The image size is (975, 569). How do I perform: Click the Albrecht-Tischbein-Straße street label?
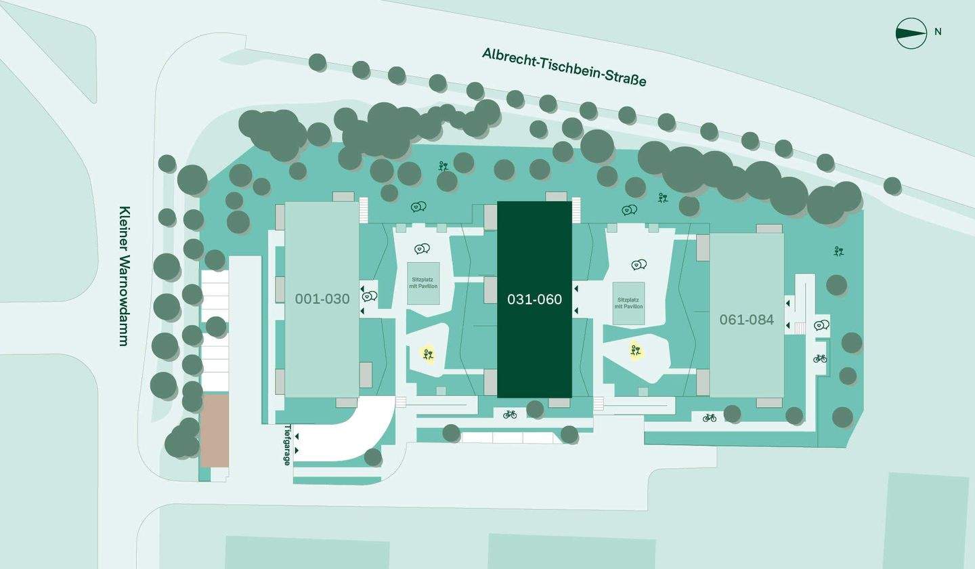(x=564, y=67)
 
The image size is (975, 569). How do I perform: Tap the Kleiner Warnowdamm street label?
(x=124, y=276)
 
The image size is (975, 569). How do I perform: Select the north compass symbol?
(x=911, y=33)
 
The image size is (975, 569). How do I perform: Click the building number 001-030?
(x=322, y=299)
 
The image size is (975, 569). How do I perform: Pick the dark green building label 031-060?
(x=534, y=299)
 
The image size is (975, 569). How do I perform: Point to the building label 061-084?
(x=746, y=320)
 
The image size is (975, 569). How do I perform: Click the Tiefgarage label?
(x=287, y=445)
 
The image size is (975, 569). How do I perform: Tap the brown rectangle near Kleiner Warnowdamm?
(x=215, y=431)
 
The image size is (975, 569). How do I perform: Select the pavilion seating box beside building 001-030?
(x=424, y=283)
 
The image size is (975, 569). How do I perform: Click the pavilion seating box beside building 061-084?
(x=628, y=303)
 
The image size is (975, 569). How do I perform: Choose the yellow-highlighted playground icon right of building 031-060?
(x=636, y=350)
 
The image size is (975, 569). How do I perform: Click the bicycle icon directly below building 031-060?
(x=510, y=415)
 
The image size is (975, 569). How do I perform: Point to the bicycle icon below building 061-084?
(x=710, y=418)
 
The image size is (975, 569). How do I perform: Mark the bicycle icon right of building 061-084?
(x=820, y=358)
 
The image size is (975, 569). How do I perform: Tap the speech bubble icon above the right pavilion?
(x=639, y=264)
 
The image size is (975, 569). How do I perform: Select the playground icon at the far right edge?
(x=839, y=251)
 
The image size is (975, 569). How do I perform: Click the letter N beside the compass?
(x=938, y=32)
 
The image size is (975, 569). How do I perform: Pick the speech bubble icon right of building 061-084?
(x=822, y=324)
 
